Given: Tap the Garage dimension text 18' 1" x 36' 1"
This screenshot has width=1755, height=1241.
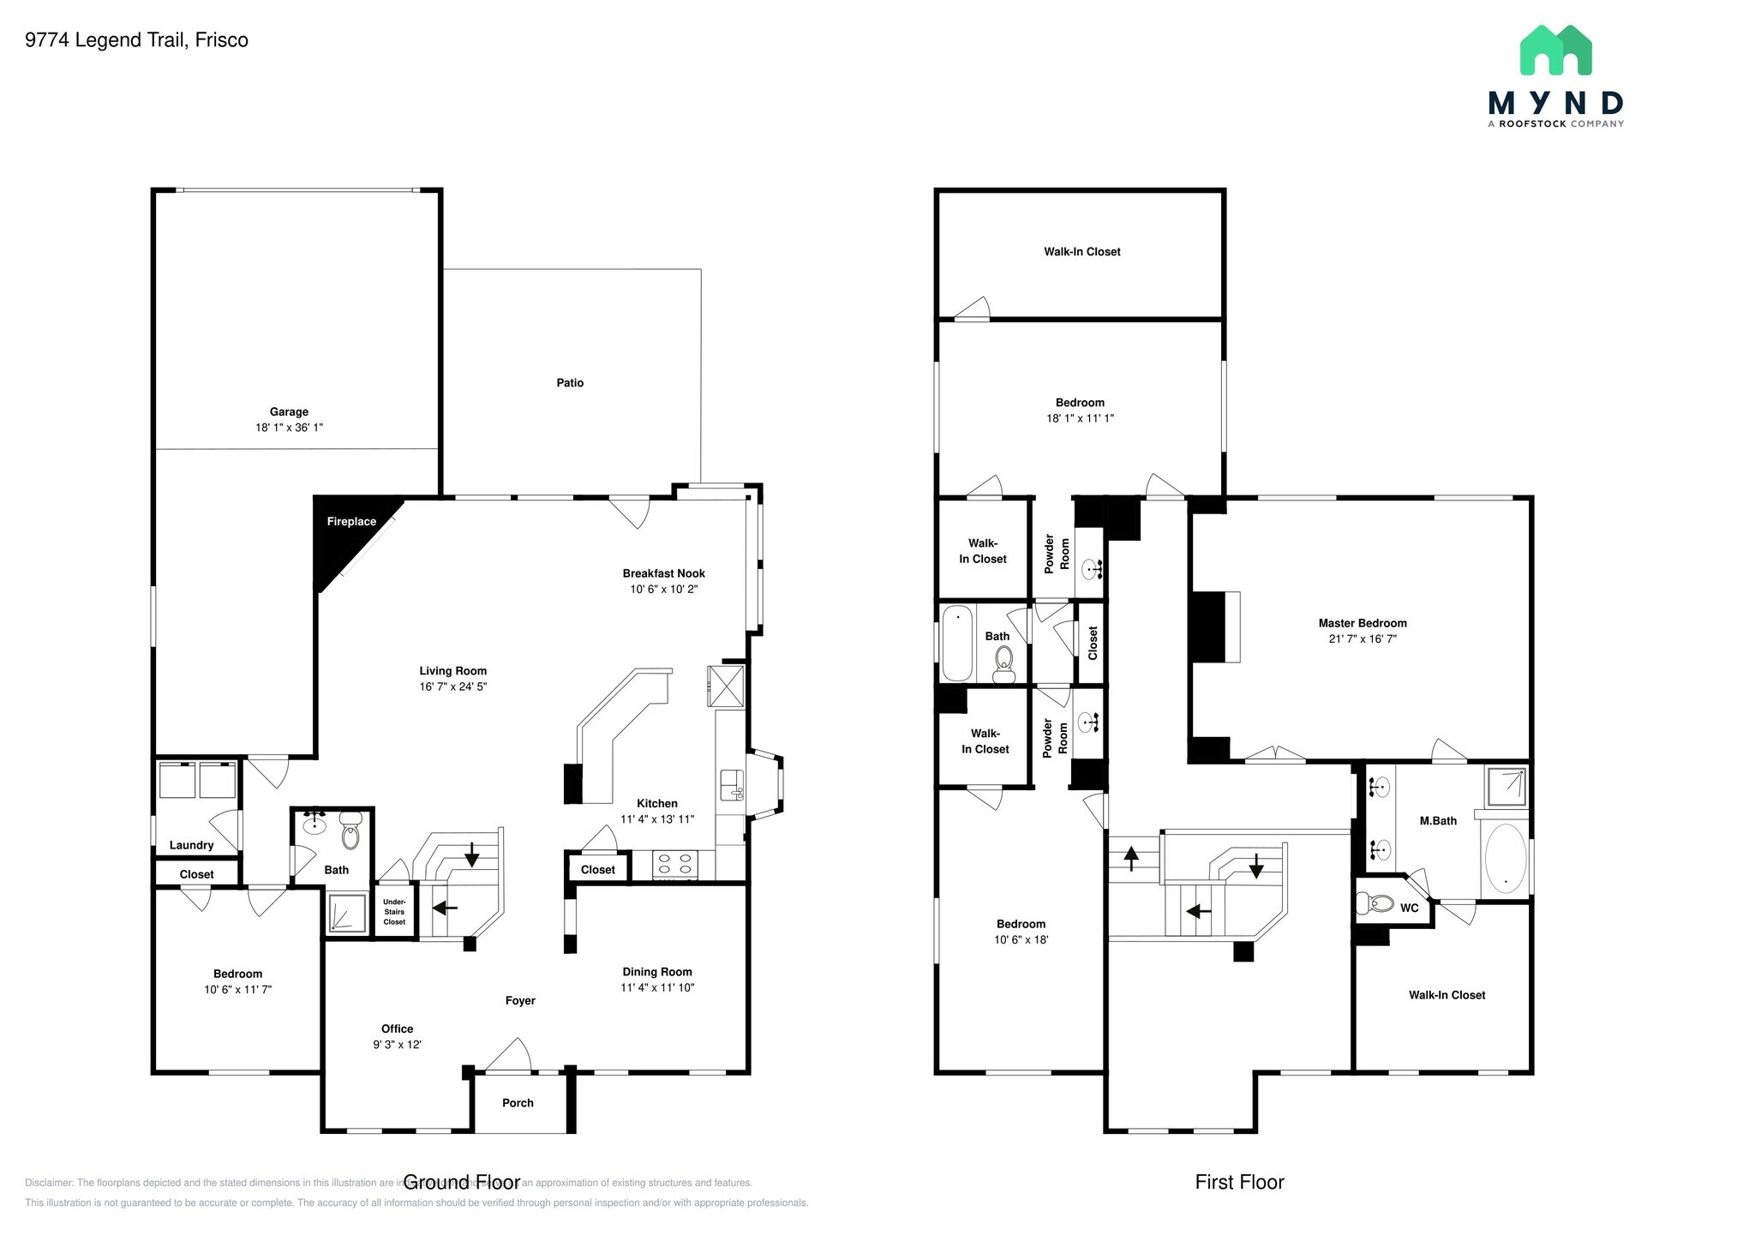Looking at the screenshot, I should click(x=289, y=427).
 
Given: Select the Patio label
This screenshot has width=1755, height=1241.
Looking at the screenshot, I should click(x=570, y=383).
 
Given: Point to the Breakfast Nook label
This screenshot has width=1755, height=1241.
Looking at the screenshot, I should click(x=663, y=573).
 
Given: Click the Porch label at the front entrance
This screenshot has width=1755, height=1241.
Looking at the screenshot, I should click(x=518, y=1103).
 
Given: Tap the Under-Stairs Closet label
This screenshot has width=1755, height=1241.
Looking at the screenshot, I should click(x=394, y=912).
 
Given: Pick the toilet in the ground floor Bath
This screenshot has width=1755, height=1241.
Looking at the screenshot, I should click(x=350, y=834).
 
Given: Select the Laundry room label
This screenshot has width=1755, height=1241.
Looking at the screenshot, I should click(x=191, y=845).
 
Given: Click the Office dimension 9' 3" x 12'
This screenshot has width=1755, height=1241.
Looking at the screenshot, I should click(x=397, y=1045).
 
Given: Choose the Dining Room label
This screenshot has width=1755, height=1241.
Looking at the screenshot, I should click(x=657, y=972).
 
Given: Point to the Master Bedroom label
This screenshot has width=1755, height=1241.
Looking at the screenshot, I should click(x=1363, y=623).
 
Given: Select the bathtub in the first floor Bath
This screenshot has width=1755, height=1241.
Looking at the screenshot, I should click(x=957, y=643).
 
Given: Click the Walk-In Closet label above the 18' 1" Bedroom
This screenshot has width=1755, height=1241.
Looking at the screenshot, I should click(x=1081, y=252).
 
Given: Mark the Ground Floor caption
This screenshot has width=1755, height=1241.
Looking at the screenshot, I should click(x=461, y=1183).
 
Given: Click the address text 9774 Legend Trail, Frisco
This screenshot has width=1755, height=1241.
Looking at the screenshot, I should click(x=137, y=40).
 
